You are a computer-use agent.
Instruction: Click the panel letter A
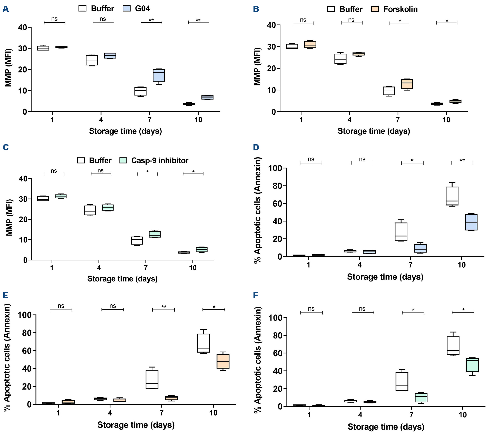coord(6,9)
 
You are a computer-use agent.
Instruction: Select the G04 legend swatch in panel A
coord(126,8)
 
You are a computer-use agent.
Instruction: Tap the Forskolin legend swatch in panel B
coord(375,9)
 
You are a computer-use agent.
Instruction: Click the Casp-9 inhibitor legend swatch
coord(123,160)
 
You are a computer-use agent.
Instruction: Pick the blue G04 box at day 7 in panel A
coord(159,75)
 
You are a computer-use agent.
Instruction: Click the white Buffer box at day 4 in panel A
coord(92,60)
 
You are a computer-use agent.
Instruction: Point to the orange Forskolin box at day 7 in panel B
coord(407,84)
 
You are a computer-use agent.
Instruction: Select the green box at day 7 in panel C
coord(155,234)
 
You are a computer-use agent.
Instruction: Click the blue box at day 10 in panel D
coord(471,222)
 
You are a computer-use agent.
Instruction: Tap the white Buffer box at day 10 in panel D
coord(452,196)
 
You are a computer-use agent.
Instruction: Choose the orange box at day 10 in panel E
coord(223,361)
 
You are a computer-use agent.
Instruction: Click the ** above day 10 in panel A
coord(198,20)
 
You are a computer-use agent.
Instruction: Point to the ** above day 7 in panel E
coord(164,307)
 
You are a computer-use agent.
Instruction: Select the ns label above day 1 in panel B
coord(303,20)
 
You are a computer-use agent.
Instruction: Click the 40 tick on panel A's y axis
coord(23,27)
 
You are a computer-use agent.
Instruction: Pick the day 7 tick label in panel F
coord(411,415)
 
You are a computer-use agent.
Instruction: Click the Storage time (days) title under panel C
coord(122,279)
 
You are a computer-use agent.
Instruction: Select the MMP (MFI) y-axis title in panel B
coord(257,66)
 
